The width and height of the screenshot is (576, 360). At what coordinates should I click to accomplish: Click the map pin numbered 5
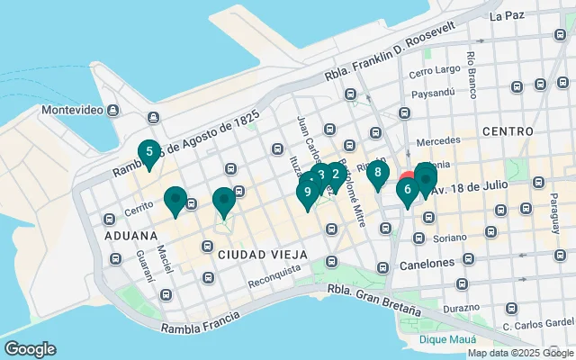[x=148, y=152]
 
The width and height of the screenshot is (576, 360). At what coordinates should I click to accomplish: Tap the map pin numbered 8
[x=378, y=173]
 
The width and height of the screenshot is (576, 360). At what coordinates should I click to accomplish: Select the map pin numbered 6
[x=408, y=190]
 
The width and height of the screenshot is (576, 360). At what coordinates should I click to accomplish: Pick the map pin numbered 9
[x=308, y=191]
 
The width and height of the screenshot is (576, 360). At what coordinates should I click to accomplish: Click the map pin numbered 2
[x=336, y=174]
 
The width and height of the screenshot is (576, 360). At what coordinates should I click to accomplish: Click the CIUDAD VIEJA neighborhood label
[x=262, y=255]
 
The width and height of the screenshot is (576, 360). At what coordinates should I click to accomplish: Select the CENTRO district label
[x=508, y=131]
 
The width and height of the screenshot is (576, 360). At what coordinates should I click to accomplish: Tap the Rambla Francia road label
[x=200, y=321]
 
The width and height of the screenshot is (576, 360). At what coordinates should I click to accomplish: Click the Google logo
[x=30, y=349]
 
